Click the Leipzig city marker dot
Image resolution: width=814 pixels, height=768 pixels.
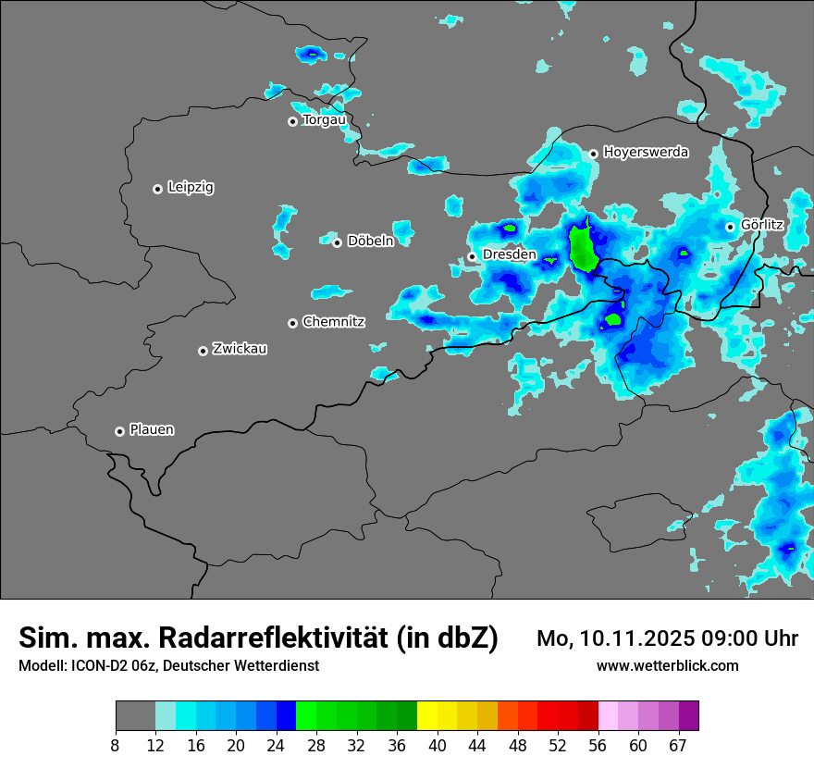click(157, 189)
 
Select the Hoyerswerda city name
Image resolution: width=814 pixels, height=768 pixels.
click(646, 152)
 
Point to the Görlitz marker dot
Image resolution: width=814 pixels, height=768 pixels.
click(730, 226)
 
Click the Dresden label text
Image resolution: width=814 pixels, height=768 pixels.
click(510, 254)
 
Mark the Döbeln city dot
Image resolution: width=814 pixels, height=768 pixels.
click(337, 242)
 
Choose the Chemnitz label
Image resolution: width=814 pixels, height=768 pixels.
click(334, 322)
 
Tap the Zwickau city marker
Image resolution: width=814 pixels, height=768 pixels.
click(203, 351)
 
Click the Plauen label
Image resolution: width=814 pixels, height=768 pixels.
click(152, 429)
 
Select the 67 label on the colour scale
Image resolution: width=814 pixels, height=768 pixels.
click(678, 745)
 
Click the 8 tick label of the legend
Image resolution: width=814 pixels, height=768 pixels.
click(116, 745)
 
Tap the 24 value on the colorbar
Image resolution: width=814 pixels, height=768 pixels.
click(276, 745)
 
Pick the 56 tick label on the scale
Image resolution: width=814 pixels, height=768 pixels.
click(598, 745)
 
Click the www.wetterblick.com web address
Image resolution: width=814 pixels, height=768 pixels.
click(667, 665)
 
